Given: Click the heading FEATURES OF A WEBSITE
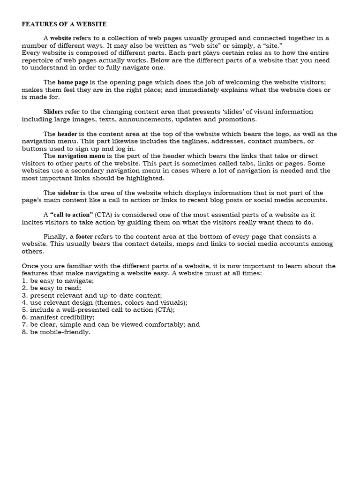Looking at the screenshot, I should [64, 24].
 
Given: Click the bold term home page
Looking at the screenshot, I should [73, 82].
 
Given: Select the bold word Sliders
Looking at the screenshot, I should [53, 112].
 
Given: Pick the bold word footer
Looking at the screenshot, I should [84, 237].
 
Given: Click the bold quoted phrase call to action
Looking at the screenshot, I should [71, 215].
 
